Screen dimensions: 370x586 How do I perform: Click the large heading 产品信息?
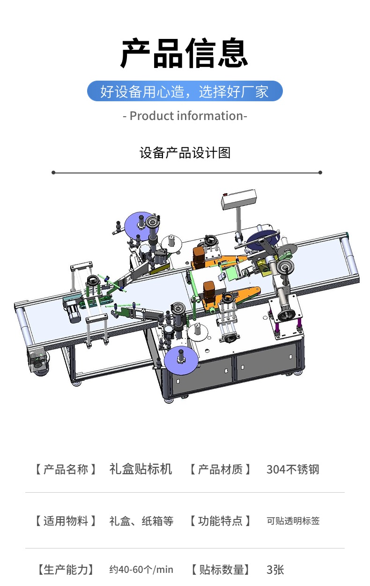[x=184, y=53]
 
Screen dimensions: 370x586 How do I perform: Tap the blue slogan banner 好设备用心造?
[x=185, y=91]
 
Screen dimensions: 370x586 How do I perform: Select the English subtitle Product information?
[x=185, y=116]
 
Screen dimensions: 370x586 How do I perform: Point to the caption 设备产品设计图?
[x=185, y=153]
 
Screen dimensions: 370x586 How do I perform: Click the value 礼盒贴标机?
[x=141, y=469]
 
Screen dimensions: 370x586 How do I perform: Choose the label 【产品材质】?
[x=220, y=469]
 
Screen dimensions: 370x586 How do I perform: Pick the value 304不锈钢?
[x=293, y=469]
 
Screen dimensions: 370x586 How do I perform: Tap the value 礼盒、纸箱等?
[x=141, y=521]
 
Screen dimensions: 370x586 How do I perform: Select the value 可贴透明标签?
[x=293, y=520]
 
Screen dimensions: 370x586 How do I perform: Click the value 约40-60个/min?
[x=141, y=569]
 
